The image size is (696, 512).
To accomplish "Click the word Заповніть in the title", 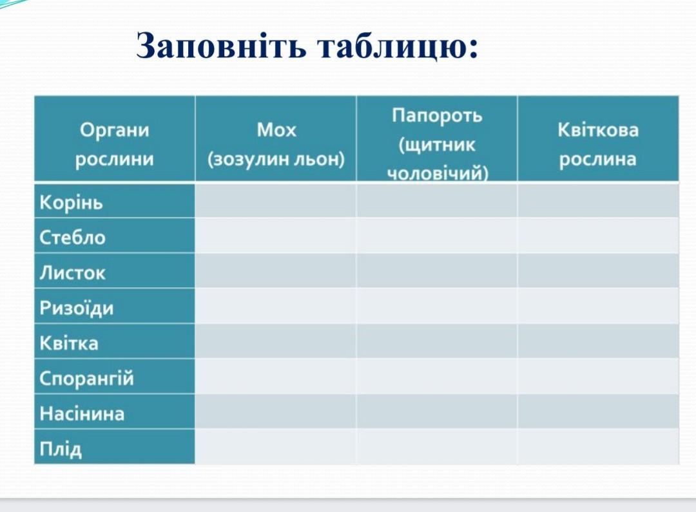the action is pyautogui.click(x=220, y=45).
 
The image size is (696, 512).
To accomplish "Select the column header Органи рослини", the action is pyautogui.click(x=115, y=145).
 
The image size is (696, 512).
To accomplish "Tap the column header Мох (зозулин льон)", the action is pyautogui.click(x=276, y=145).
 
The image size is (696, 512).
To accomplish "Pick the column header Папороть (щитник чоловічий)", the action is pyautogui.click(x=437, y=144).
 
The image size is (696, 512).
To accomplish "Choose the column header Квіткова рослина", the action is pyautogui.click(x=598, y=145).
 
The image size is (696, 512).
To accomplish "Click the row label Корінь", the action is pyautogui.click(x=71, y=203).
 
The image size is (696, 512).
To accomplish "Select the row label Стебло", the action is pyautogui.click(x=72, y=237).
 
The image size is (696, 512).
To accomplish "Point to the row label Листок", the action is pyautogui.click(x=72, y=272).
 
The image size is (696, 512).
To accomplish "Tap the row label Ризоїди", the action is pyautogui.click(x=76, y=308).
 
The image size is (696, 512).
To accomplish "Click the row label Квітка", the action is pyautogui.click(x=69, y=343).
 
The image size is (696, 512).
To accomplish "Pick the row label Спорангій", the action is pyautogui.click(x=86, y=379).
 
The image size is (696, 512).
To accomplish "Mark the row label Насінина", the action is pyautogui.click(x=82, y=413).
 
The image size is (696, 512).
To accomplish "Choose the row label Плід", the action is pyautogui.click(x=61, y=449).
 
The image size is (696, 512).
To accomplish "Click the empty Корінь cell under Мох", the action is pyautogui.click(x=276, y=200).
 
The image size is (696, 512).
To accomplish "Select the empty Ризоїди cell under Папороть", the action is pyautogui.click(x=437, y=306).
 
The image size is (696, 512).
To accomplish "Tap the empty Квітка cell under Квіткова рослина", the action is pyautogui.click(x=598, y=341).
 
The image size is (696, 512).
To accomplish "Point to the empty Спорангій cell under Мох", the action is pyautogui.click(x=276, y=376).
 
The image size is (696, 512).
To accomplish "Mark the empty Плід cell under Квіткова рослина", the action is pyautogui.click(x=598, y=447).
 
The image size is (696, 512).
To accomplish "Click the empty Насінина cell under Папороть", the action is pyautogui.click(x=437, y=412).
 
